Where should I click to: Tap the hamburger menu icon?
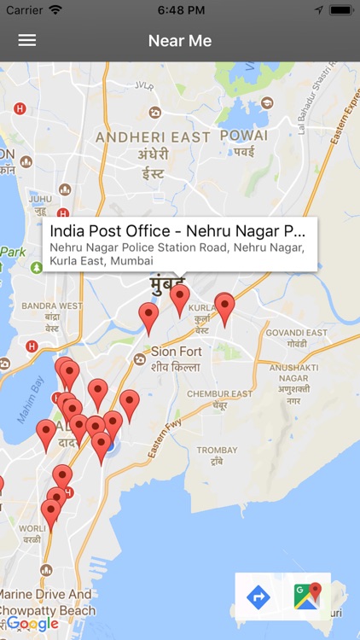click(27, 40)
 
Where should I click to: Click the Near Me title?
click(180, 40)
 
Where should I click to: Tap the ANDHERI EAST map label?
click(153, 137)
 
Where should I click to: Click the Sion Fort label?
click(176, 351)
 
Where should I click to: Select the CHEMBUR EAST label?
click(220, 394)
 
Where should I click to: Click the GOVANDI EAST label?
click(297, 333)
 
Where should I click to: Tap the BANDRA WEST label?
click(52, 305)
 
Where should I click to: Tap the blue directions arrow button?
click(258, 596)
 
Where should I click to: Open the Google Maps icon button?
click(307, 596)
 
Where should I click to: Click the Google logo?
click(32, 624)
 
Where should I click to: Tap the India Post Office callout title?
click(177, 231)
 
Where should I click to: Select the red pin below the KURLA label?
click(224, 309)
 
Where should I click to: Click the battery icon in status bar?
click(341, 9)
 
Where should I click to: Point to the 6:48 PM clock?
click(180, 9)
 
